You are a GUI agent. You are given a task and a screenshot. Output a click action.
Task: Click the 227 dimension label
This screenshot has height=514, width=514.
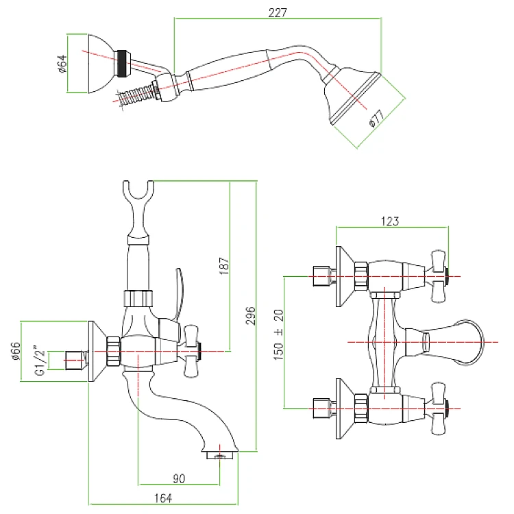click(278, 12)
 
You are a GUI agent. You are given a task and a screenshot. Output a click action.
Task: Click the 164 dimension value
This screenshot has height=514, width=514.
click(162, 498)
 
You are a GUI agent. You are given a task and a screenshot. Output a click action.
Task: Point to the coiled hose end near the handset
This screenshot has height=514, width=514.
click(134, 95)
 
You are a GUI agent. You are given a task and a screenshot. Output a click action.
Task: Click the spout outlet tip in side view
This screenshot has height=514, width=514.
click(221, 454)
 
